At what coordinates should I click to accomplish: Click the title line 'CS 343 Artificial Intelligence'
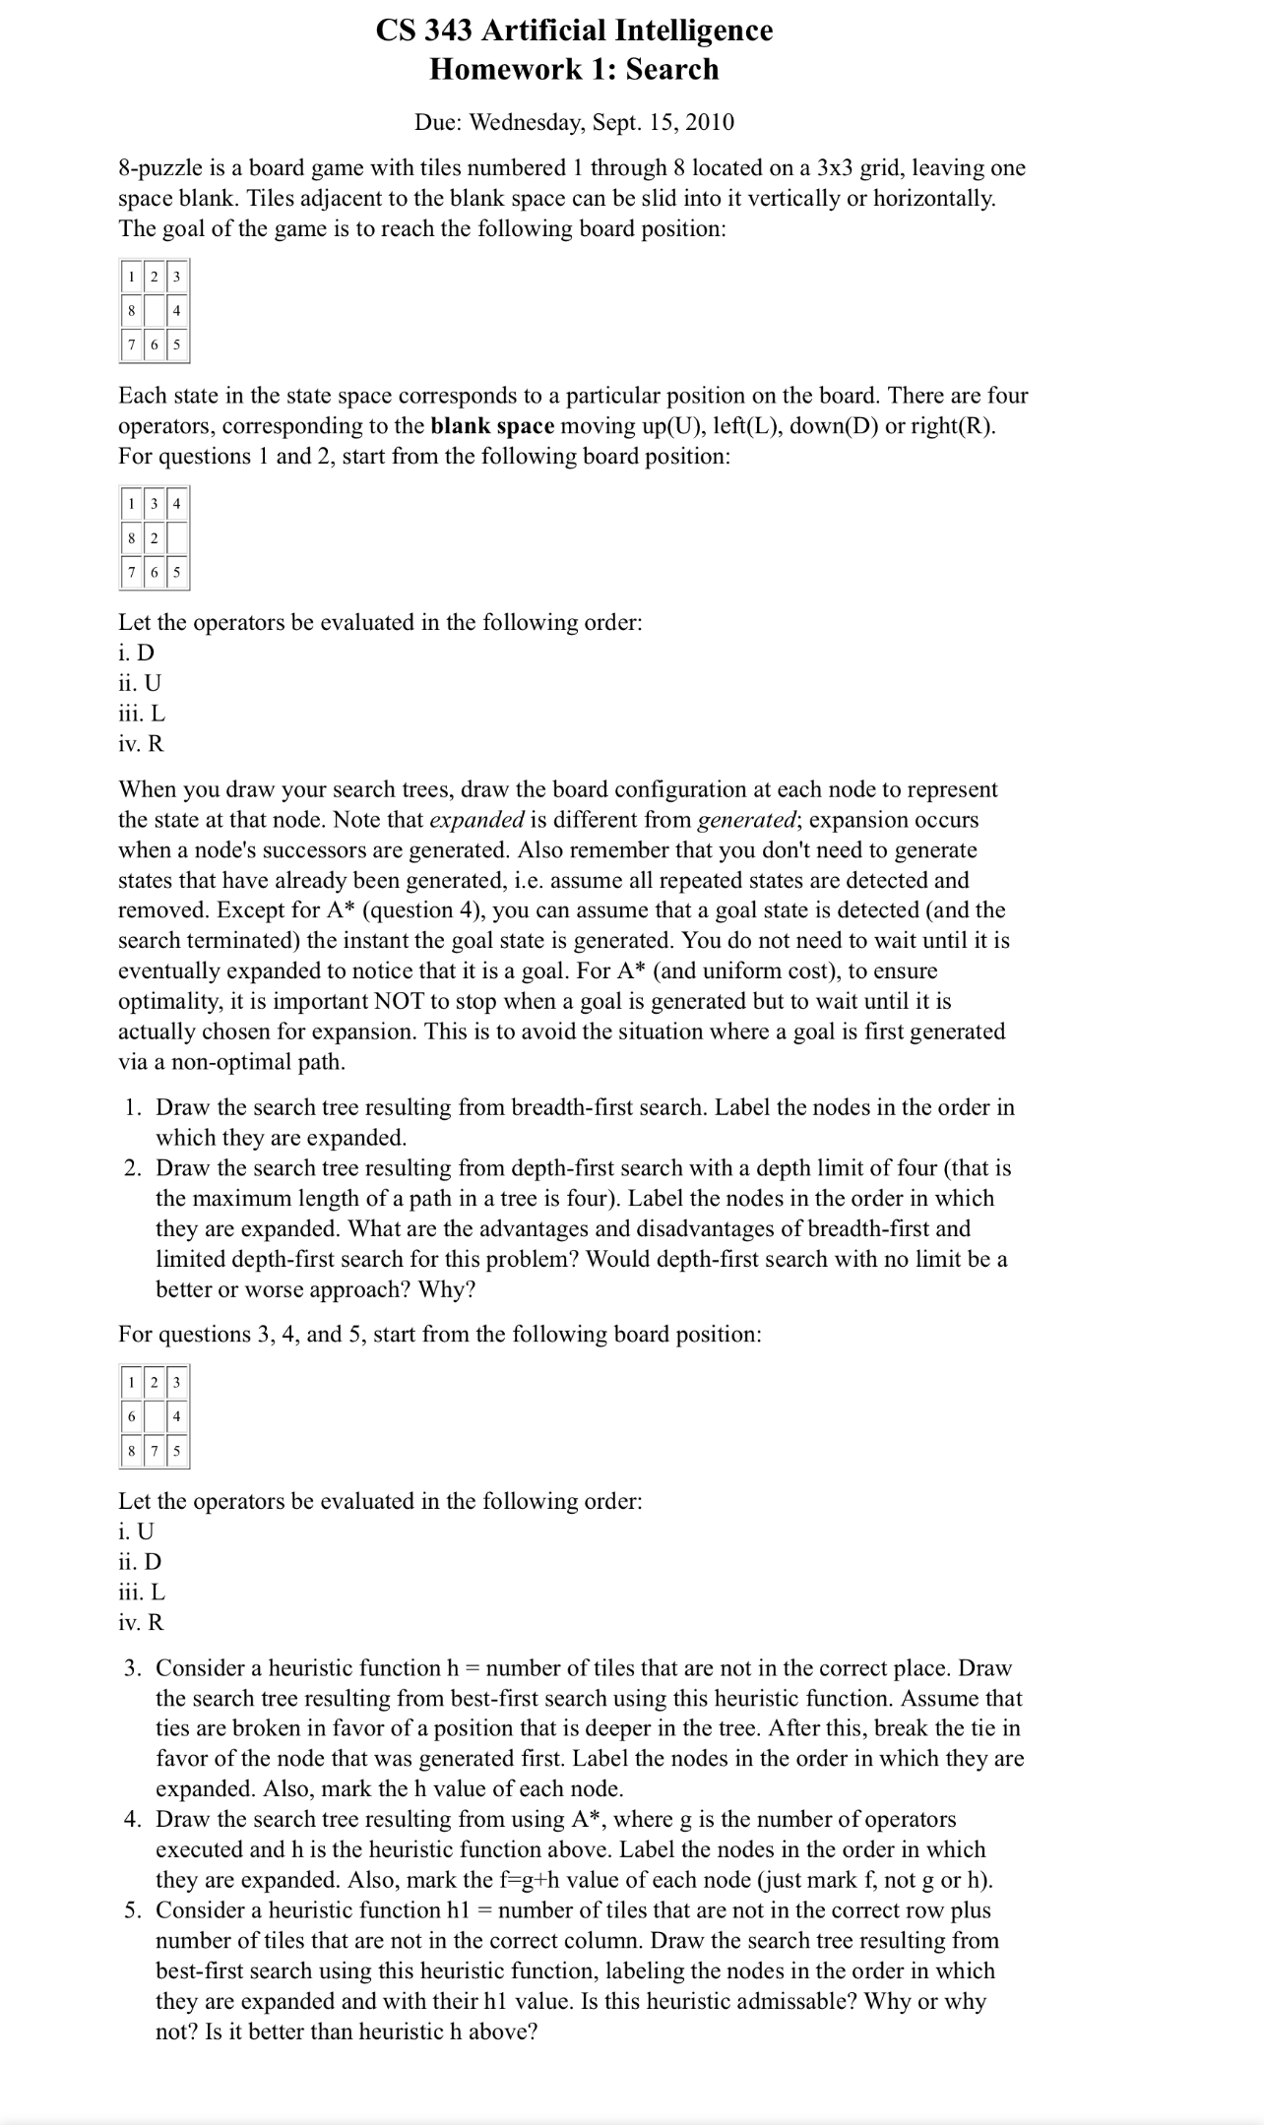tap(574, 31)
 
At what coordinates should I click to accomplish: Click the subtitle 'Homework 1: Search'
tap(574, 69)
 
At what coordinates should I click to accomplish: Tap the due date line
tap(574, 122)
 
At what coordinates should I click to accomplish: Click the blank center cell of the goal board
tap(155, 311)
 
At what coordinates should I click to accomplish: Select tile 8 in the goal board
tap(131, 311)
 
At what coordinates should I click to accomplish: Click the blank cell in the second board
tap(177, 537)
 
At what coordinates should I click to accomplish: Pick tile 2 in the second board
tap(155, 537)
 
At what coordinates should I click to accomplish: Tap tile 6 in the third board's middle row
tap(131, 1416)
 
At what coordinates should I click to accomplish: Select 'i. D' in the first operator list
tap(136, 653)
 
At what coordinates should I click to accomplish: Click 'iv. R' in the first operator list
tap(141, 744)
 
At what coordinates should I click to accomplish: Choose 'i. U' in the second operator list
tap(136, 1531)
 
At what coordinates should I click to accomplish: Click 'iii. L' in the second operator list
tap(142, 1592)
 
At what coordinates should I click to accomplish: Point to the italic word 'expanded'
tap(476, 820)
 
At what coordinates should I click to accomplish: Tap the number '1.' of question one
tap(135, 1107)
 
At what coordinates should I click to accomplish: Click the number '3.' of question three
tap(135, 1668)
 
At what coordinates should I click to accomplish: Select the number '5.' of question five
tap(135, 1910)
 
